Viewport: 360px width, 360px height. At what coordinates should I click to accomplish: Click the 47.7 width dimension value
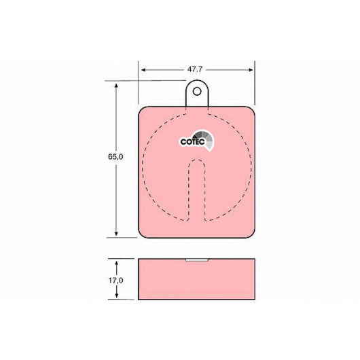(195, 69)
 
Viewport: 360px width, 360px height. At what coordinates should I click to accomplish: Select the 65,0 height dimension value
(115, 157)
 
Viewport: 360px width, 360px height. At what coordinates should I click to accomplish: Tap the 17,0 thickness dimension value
(115, 281)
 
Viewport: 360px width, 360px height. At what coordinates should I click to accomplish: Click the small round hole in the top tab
(197, 92)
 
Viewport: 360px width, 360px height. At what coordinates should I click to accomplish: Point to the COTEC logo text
(192, 142)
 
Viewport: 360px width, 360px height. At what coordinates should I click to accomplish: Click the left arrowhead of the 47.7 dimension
(143, 70)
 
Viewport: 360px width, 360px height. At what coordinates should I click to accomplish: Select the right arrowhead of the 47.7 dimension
(251, 70)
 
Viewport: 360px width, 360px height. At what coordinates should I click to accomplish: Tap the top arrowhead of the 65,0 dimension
(116, 86)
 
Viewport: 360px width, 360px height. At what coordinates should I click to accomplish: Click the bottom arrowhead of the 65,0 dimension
(116, 234)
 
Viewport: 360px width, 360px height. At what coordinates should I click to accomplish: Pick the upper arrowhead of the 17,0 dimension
(117, 263)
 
